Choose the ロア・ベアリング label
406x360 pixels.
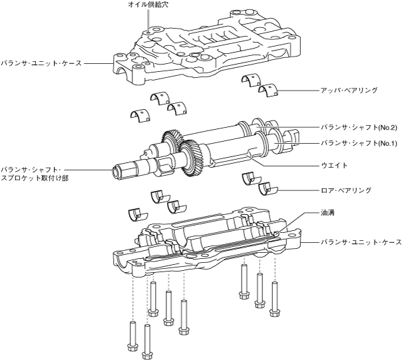tap(347, 190)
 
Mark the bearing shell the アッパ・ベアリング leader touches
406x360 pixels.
tap(270, 92)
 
